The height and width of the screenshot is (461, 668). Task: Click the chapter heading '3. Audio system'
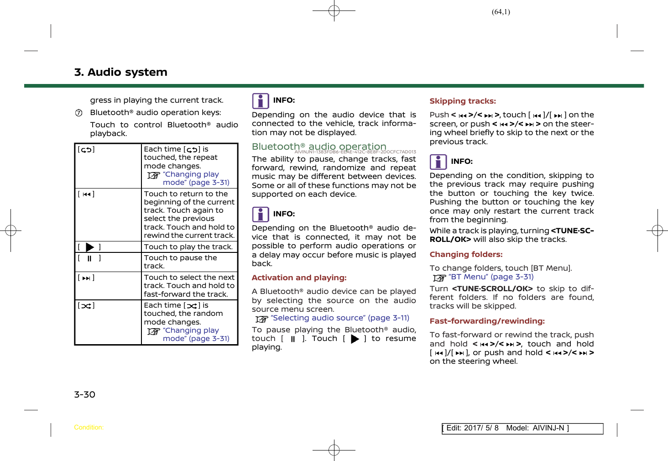click(120, 72)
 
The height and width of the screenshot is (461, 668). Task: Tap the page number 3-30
click(85, 394)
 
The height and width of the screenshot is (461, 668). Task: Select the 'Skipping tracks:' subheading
click(462, 101)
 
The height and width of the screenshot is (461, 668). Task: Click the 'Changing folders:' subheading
click(466, 254)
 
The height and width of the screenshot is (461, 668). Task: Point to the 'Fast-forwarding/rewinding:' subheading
click(487, 321)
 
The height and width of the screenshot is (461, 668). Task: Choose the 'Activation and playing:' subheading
click(299, 278)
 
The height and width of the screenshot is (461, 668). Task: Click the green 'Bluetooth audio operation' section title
click(319, 147)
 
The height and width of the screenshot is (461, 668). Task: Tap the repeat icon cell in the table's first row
click(86, 150)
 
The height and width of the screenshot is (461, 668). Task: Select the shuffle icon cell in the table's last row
click(86, 306)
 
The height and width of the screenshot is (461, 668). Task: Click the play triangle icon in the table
click(89, 247)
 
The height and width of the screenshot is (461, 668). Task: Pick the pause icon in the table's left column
click(89, 258)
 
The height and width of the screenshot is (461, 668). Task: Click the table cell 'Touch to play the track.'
click(188, 247)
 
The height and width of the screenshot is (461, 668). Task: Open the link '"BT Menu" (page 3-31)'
click(491, 277)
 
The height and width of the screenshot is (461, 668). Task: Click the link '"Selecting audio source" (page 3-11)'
click(339, 318)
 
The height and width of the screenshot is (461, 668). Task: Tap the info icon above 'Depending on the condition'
click(438, 162)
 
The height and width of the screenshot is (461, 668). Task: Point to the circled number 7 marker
click(78, 113)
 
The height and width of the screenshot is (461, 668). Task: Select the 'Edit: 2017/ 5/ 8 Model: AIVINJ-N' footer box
click(522, 428)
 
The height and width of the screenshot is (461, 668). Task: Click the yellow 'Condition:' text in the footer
click(89, 428)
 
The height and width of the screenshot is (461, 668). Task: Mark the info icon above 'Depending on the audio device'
click(261, 101)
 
